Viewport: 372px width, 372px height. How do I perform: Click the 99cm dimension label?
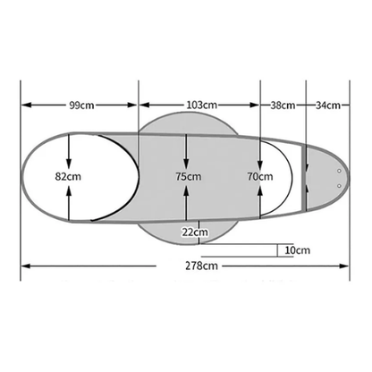click(81, 106)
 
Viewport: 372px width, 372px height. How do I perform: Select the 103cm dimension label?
click(202, 106)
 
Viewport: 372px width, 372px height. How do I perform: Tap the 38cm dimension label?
click(283, 106)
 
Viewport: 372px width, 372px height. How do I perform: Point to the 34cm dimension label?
click(328, 106)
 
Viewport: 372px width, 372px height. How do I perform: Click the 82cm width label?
click(68, 176)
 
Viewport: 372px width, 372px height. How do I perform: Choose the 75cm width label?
click(189, 176)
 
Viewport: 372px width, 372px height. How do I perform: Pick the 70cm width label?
click(260, 176)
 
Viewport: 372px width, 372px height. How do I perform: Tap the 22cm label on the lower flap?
click(195, 232)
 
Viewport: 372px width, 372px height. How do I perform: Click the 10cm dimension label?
click(298, 250)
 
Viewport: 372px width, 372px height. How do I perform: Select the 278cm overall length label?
click(201, 266)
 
